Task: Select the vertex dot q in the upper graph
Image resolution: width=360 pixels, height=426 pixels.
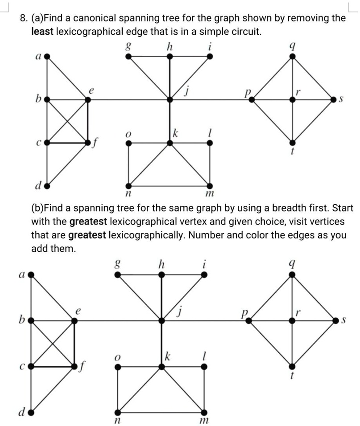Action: tap(292, 57)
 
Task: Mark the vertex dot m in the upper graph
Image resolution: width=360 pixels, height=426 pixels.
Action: tap(210, 185)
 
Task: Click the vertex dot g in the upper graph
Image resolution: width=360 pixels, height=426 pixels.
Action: tap(128, 57)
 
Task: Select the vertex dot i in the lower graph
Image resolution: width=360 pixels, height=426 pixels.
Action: tap(204, 275)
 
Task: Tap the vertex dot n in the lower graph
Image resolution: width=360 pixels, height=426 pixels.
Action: tap(117, 411)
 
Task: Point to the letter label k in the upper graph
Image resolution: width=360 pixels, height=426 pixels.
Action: tap(176, 133)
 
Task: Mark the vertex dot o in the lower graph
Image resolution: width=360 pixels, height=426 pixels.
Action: tap(117, 366)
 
